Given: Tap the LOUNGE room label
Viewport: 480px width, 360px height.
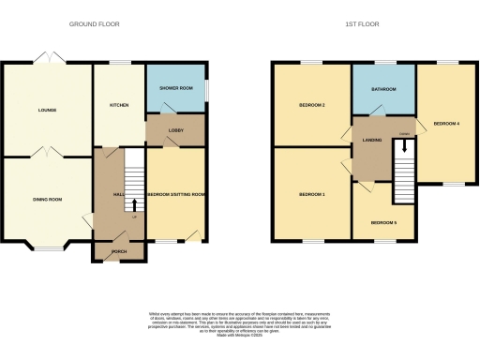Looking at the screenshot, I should tap(47, 110).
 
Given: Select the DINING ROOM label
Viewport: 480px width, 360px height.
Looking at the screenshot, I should tap(47, 199).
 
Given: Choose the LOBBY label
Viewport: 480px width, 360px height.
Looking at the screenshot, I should tap(175, 130).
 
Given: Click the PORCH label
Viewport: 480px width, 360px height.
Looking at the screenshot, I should tap(118, 251).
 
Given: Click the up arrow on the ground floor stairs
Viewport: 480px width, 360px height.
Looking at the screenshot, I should tap(133, 204).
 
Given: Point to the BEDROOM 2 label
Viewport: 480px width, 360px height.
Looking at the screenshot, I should tap(311, 105).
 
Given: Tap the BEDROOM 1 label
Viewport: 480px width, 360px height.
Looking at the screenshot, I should tap(311, 194).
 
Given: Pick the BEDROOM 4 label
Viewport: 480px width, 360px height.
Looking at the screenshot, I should tap(446, 123).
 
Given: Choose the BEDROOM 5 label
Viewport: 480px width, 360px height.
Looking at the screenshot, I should tap(383, 222).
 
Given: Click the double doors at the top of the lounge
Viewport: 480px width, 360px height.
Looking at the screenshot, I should tap(47, 58).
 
